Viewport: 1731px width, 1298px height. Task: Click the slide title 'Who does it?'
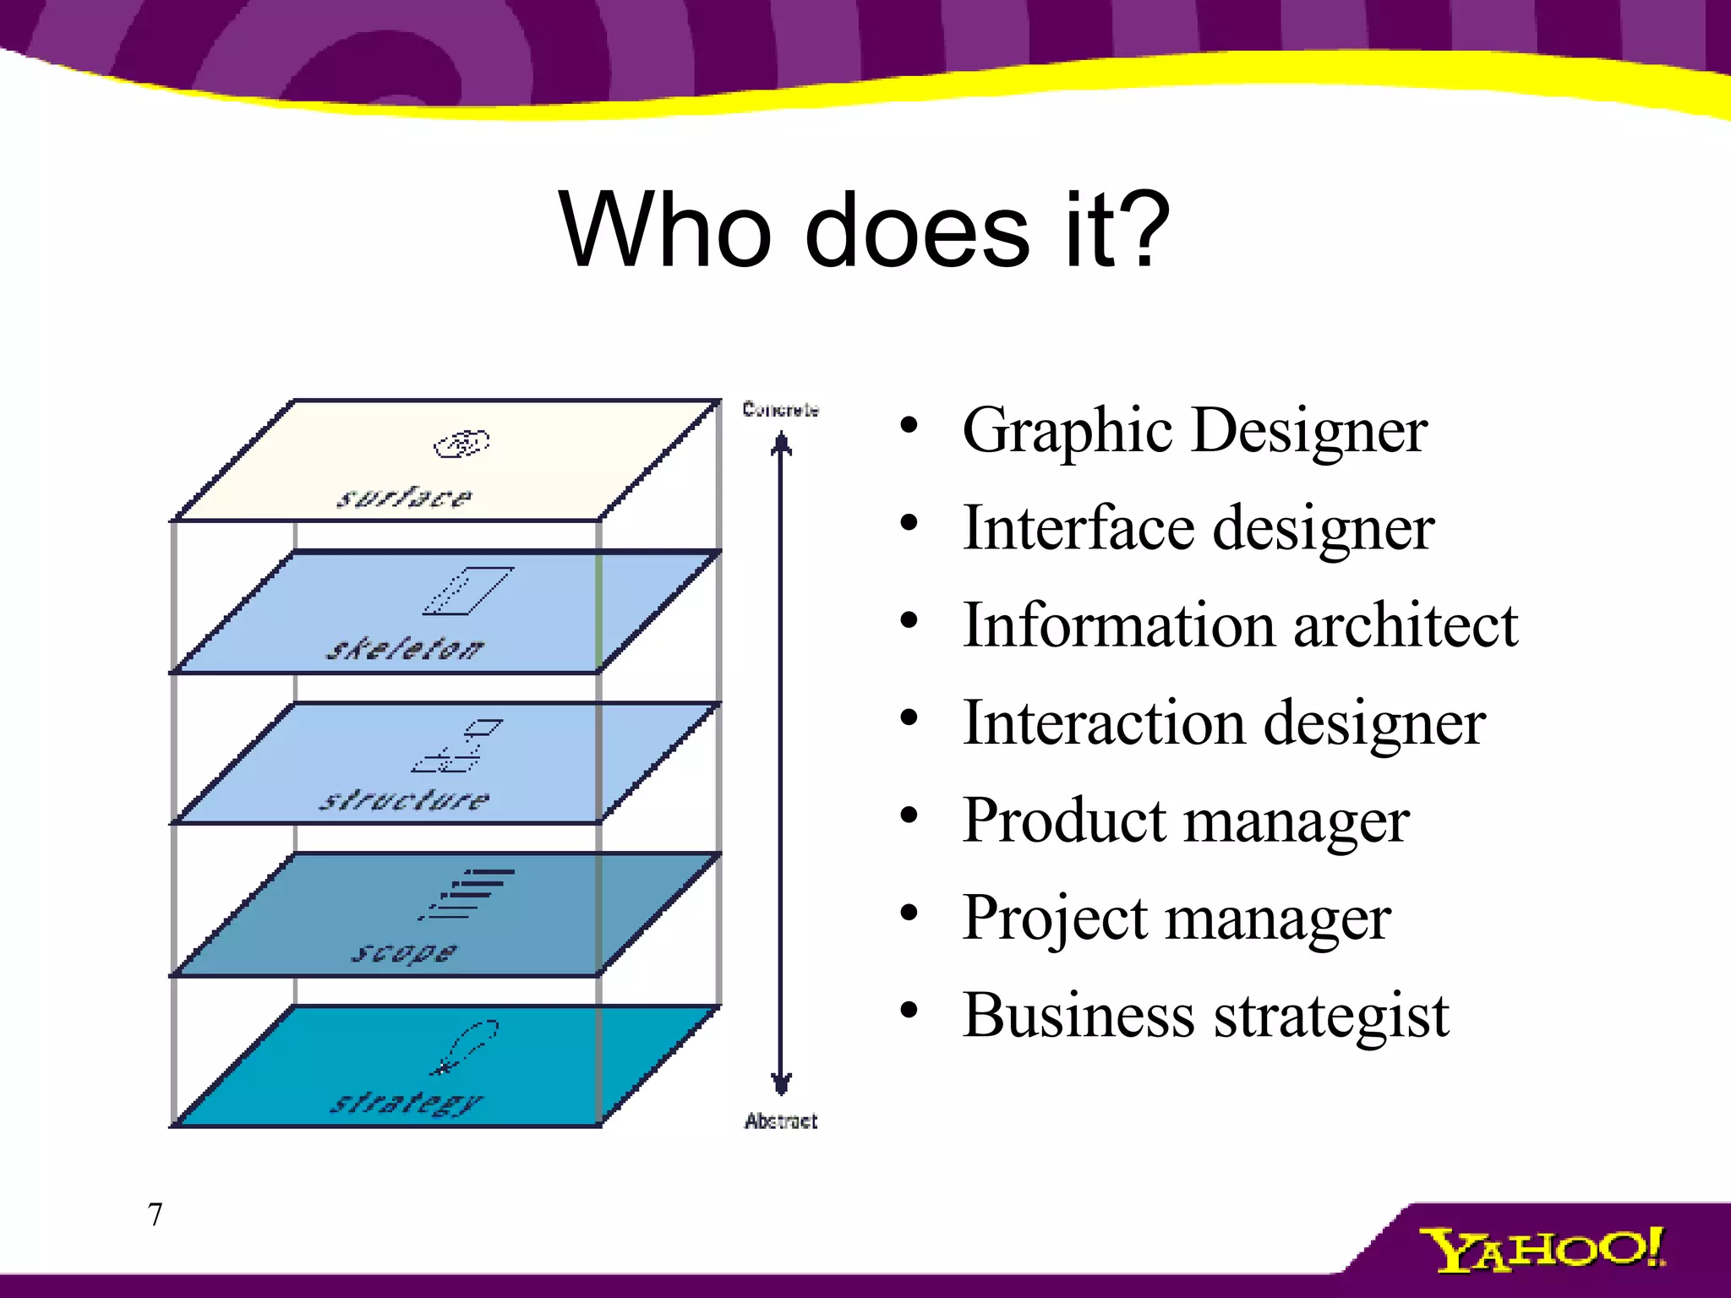tap(864, 230)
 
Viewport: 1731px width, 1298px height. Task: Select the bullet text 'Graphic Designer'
tap(1194, 431)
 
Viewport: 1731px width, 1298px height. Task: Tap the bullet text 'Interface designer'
tap(1198, 528)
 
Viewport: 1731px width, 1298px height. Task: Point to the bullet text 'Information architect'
tap(1240, 625)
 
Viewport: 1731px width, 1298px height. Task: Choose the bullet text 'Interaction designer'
tap(1223, 723)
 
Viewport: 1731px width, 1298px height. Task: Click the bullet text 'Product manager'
tap(1185, 821)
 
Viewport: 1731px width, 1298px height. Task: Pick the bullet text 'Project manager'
tap(1176, 918)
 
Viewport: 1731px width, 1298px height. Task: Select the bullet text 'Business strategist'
tap(1205, 1015)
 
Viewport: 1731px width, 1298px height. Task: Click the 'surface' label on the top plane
tap(404, 497)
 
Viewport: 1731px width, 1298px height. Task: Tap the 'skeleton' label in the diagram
tap(405, 649)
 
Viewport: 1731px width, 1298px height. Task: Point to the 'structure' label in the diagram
tap(404, 799)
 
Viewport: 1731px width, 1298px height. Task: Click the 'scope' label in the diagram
tap(404, 952)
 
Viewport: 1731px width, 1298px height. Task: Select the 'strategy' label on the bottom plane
tap(406, 1103)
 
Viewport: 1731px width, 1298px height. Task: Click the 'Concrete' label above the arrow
tap(780, 410)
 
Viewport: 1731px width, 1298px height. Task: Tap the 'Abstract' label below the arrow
tap(780, 1121)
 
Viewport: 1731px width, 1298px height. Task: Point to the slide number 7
tap(155, 1214)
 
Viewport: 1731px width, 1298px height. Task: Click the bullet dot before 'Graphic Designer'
tap(909, 426)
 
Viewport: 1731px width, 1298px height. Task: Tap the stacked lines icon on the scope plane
tap(467, 893)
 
